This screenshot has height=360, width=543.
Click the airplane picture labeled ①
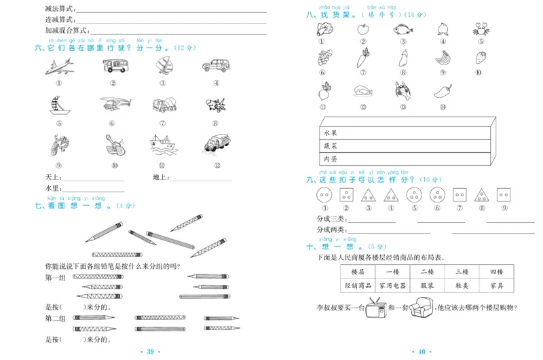[x=60, y=66]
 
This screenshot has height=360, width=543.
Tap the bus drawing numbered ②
[x=113, y=66]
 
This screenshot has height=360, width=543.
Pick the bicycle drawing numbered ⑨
[x=59, y=144]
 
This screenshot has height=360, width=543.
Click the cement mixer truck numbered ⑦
[x=164, y=105]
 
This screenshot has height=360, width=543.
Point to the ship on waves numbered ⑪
[x=163, y=144]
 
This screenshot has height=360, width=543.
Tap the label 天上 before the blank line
[x=53, y=178]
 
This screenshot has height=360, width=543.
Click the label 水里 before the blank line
[x=53, y=188]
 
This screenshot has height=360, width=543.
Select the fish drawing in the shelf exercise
[x=402, y=29]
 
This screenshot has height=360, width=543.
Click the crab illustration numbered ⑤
[x=481, y=29]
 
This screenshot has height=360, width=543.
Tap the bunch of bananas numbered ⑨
[x=442, y=58]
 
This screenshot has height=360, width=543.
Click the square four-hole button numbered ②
[x=346, y=196]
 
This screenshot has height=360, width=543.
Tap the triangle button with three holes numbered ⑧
[x=481, y=196]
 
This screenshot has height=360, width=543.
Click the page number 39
[x=151, y=351]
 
